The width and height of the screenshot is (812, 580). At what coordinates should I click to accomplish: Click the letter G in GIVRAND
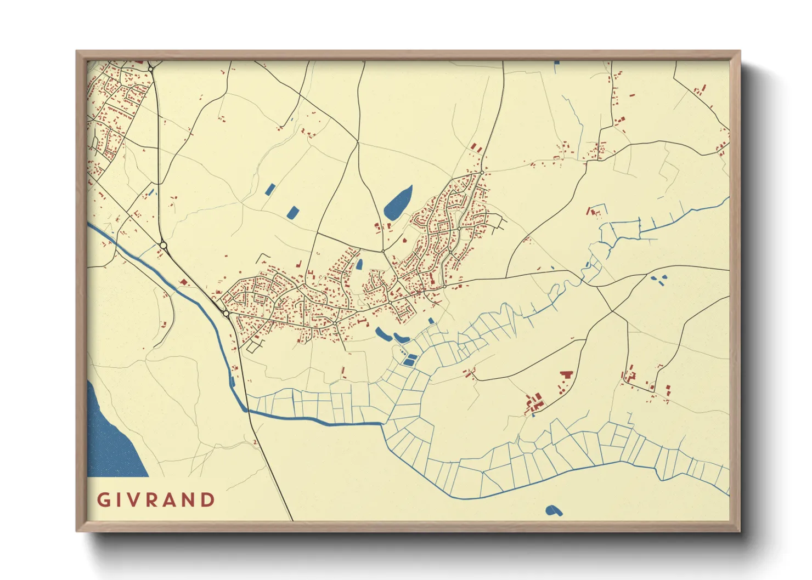click(103, 500)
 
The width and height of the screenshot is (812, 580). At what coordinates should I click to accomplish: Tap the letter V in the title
click(135, 500)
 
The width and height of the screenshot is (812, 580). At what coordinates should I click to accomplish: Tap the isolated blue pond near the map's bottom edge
click(554, 511)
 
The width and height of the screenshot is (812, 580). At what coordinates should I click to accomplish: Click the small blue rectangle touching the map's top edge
click(557, 62)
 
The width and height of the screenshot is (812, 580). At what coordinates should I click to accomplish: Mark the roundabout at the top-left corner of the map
click(150, 69)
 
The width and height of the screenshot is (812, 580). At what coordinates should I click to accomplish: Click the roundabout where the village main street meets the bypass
click(226, 314)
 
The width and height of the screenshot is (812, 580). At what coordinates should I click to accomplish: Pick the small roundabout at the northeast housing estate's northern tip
click(482, 173)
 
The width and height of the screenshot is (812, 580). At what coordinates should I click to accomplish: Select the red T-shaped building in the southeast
click(566, 375)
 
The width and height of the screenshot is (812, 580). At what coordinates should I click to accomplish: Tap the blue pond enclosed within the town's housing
click(359, 264)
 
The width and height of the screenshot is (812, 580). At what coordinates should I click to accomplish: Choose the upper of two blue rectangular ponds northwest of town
click(270, 190)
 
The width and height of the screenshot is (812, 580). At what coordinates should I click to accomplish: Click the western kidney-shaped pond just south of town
click(381, 332)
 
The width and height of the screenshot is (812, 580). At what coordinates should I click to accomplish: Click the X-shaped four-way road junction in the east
click(612, 311)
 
